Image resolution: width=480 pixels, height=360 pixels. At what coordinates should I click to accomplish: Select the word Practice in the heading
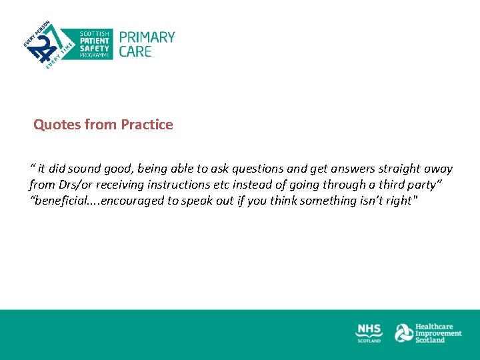click(147, 125)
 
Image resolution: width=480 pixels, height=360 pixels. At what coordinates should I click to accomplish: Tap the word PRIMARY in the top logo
click(147, 37)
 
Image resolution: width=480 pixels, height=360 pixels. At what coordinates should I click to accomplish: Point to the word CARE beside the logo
click(135, 51)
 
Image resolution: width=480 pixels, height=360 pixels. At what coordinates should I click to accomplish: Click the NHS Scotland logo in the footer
click(369, 333)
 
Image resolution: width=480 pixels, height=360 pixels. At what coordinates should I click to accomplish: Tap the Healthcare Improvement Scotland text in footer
click(438, 333)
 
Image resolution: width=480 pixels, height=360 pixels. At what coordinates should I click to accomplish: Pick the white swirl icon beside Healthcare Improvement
click(403, 333)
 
